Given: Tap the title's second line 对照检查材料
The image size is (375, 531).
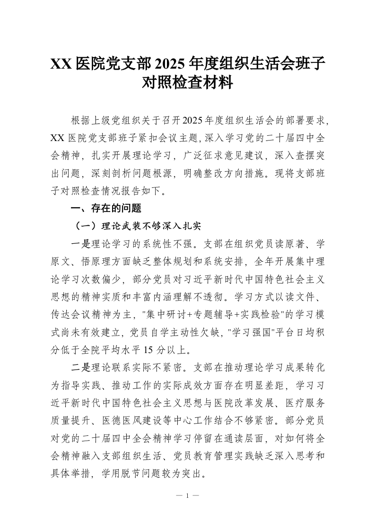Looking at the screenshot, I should click(187, 83).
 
